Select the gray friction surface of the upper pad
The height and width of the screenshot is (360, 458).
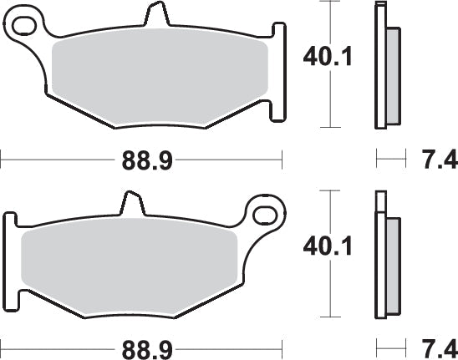[159, 79]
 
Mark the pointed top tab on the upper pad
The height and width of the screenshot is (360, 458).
[155, 15]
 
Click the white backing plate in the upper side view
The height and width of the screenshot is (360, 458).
[381, 67]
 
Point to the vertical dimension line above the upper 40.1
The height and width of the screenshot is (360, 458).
[333, 21]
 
